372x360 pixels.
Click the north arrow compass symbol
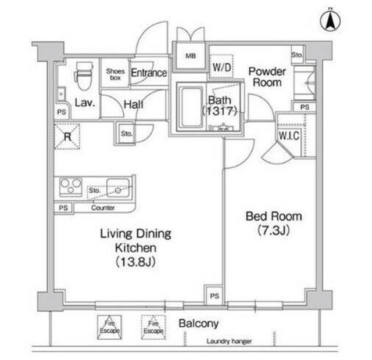point(330,20)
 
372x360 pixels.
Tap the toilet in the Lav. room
point(84,76)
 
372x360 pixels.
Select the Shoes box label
point(115,74)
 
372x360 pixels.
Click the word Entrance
point(149,73)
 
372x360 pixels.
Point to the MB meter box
point(191,56)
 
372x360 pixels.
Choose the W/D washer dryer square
point(221,67)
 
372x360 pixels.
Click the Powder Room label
point(267,77)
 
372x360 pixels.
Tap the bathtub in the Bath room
point(191,107)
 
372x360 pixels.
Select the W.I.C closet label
point(289,135)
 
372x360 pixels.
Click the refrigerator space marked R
point(67,136)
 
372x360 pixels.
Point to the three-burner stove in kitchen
point(71,187)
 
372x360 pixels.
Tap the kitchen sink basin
point(118,188)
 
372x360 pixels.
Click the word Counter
point(103,208)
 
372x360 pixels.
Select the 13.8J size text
point(135,262)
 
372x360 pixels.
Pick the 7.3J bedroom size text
point(274,230)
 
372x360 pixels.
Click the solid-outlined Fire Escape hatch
point(109,327)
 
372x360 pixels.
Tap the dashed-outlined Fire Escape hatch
point(153,327)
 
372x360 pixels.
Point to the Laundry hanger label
point(229,341)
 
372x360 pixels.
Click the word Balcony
point(199,324)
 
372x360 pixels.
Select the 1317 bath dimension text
point(220,111)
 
